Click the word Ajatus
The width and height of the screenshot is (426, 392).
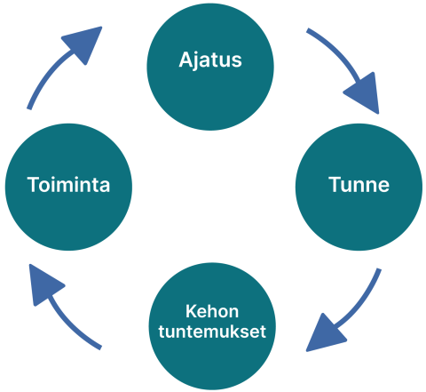(210, 61)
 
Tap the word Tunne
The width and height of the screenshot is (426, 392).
(359, 186)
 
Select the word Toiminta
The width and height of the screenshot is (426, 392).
(68, 186)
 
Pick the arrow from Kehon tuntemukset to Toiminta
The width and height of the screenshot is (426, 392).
(67, 311)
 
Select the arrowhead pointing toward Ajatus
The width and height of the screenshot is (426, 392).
(83, 44)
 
